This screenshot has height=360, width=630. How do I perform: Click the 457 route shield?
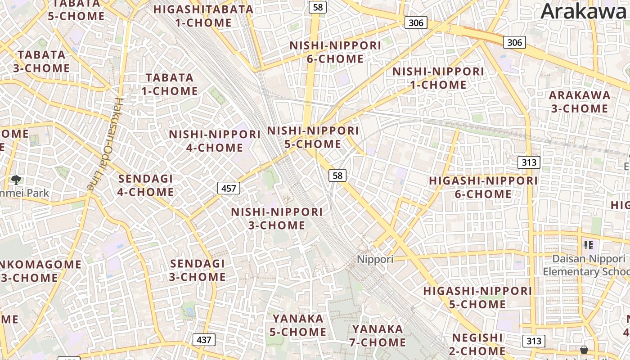pos(229,188)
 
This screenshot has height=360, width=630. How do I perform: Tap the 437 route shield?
pos(204,340)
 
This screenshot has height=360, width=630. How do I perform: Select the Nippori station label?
pos(375,259)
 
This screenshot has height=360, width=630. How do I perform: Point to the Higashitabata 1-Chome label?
pos(203,16)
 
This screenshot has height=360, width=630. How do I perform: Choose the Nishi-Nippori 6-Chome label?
pos(335,52)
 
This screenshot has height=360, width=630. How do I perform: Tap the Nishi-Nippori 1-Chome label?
pos(438,78)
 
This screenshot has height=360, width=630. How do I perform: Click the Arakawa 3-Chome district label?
pos(580,102)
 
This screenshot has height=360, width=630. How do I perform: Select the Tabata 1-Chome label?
pos(170,84)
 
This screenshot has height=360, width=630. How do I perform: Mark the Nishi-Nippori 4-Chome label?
pos(215,141)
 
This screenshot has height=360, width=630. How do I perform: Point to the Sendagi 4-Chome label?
pos(146,185)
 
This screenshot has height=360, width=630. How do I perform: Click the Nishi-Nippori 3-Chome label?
pos(277,218)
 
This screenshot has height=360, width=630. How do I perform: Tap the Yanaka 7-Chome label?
pos(378,336)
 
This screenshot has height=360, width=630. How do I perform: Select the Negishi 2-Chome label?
pos(478,344)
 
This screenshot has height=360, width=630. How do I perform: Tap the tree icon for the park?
pos(17,180)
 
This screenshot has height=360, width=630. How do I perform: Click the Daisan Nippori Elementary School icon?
pos(589,245)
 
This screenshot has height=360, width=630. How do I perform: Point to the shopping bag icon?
pos(584,350)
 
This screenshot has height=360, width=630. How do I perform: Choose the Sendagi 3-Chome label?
pos(198,270)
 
